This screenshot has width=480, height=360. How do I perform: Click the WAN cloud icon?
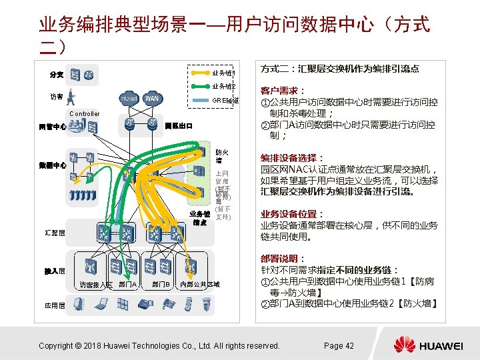[x=152, y=98]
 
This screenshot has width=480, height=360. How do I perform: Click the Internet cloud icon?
[x=128, y=98]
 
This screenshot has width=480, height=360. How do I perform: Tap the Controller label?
[x=84, y=114]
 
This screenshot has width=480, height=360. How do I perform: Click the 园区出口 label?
[x=179, y=125]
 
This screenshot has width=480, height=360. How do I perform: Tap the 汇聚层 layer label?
[x=55, y=233]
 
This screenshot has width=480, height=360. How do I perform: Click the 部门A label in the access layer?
[x=128, y=285]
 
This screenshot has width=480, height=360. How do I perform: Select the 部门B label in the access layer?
[x=160, y=285]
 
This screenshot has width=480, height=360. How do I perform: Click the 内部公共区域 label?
[x=199, y=285]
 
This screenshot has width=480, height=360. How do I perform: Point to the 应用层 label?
[x=55, y=305]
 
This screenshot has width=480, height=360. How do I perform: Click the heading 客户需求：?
[x=283, y=90]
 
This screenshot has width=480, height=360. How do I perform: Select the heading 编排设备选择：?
[x=292, y=159]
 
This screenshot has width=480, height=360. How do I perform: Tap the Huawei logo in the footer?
[x=427, y=345]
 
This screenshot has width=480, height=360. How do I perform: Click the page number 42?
[x=339, y=345]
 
